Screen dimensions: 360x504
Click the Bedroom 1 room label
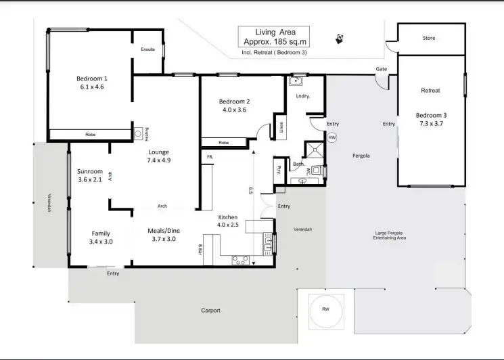(x=92, y=78)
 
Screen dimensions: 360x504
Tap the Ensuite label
(x=147, y=49)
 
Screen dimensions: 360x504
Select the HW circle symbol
(x=331, y=137)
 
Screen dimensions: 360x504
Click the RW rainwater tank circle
(x=325, y=311)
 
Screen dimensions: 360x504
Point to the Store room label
(x=429, y=39)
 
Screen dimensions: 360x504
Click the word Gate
(x=382, y=70)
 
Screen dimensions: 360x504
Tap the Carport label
(x=210, y=311)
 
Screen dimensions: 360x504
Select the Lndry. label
(x=302, y=96)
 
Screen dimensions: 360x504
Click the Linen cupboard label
(x=281, y=127)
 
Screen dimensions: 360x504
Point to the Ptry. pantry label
(x=279, y=170)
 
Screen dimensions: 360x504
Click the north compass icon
(x=340, y=39)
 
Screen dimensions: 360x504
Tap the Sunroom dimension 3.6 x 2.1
(x=90, y=179)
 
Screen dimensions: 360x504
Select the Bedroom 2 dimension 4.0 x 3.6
(x=233, y=110)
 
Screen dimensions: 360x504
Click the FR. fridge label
(x=210, y=156)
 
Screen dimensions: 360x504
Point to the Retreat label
(x=430, y=91)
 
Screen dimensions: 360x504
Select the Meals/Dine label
(x=162, y=230)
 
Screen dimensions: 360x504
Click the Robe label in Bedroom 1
(x=90, y=135)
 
